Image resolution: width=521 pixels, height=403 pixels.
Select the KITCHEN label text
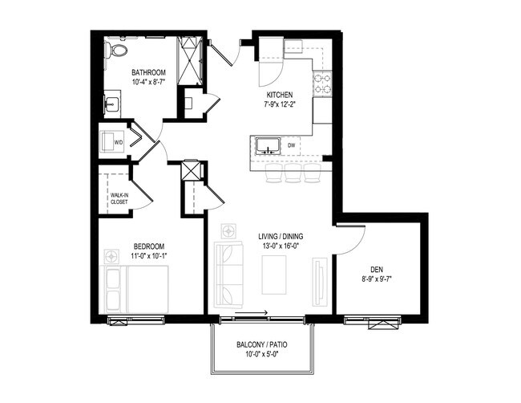click(280, 95)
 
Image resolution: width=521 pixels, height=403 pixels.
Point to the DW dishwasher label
click(303, 145)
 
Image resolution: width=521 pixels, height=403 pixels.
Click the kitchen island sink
click(267, 146)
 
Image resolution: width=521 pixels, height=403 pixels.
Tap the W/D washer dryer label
click(118, 143)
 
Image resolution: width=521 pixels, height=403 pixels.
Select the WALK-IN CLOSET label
click(119, 197)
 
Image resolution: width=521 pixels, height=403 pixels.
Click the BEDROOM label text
click(149, 246)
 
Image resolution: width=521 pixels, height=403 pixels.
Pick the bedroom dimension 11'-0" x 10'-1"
click(149, 255)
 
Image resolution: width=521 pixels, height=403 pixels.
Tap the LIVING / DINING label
click(279, 236)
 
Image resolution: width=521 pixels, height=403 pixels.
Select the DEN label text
click(376, 270)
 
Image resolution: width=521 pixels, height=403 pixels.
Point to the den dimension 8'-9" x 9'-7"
click(376, 279)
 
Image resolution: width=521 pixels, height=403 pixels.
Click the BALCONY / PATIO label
click(262, 344)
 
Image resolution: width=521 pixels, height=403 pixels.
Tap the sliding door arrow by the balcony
click(256, 315)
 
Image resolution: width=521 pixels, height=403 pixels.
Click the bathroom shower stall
click(189, 60)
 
